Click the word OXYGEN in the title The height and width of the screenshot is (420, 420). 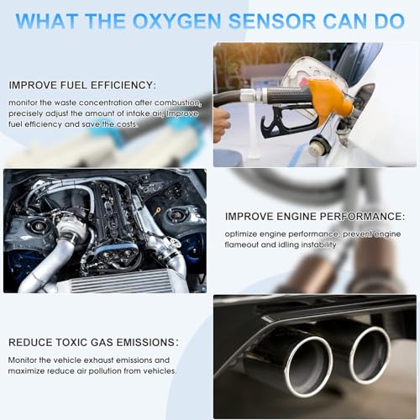pos(176,21)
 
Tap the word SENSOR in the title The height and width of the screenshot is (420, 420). pos(271,21)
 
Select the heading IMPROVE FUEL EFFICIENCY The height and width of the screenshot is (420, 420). pos(82,85)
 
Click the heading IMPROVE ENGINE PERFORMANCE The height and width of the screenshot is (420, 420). pos(315,217)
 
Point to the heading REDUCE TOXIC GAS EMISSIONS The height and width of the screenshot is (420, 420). pos(93,343)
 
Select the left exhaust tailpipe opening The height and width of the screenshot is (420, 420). pos(309,368)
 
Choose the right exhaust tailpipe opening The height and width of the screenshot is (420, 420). pos(369,355)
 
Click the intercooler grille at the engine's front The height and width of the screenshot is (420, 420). pos(120,281)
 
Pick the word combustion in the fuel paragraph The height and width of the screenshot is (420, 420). pos(178,103)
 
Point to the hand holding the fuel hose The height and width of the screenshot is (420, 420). pos(222,124)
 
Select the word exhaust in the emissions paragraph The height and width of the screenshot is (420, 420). pos(98,360)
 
